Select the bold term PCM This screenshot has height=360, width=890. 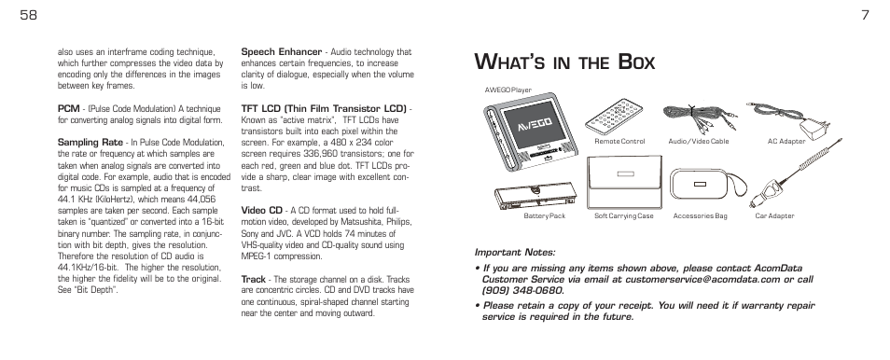(68, 108)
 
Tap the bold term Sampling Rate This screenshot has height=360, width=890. (90, 142)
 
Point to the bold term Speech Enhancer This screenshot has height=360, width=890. (282, 52)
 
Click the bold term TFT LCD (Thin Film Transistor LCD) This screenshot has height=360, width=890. (324, 108)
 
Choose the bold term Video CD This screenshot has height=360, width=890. (261, 211)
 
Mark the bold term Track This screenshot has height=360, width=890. (254, 278)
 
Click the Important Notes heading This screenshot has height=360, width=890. (515, 252)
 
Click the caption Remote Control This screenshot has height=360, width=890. (619, 142)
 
